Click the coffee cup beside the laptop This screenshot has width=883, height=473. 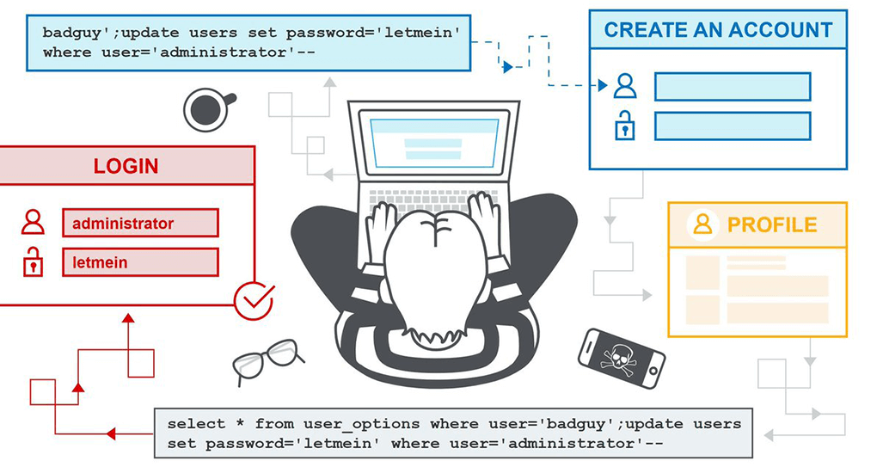tap(206, 109)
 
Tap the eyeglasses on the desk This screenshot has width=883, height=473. tap(266, 359)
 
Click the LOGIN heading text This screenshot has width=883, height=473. tap(126, 166)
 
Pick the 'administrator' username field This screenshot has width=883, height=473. tap(140, 224)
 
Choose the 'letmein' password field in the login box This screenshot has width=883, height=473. tap(140, 262)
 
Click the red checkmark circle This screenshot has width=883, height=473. tap(254, 300)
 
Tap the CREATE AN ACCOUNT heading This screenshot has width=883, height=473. tap(718, 30)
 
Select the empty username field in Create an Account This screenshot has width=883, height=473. tap(732, 86)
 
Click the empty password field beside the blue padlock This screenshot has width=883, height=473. tap(732, 126)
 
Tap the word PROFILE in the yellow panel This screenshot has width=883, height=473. tap(771, 225)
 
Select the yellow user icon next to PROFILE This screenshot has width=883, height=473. tap(702, 224)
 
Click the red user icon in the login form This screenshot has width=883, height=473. tap(33, 223)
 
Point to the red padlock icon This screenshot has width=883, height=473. tap(33, 261)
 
